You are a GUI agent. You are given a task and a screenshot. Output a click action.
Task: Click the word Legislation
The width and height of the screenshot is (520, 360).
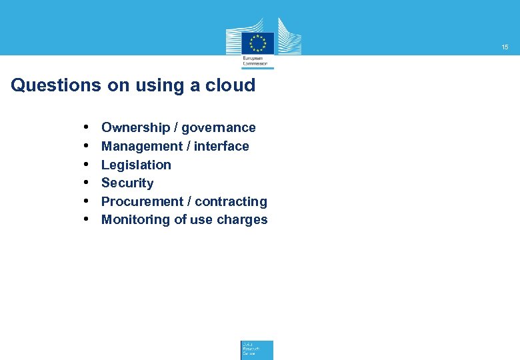click(136, 165)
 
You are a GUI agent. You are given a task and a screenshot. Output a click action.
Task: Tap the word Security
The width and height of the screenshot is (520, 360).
click(127, 183)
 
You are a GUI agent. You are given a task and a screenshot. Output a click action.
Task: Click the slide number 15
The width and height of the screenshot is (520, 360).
click(505, 47)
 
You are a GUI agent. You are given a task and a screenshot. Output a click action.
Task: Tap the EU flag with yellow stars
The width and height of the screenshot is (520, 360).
click(257, 43)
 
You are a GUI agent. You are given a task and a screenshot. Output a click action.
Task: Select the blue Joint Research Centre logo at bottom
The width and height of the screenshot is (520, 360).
click(257, 349)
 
